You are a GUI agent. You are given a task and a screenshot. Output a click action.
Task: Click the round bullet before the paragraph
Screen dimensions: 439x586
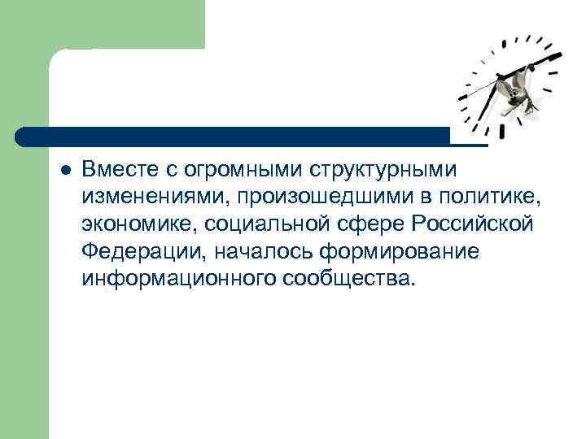point(67,170)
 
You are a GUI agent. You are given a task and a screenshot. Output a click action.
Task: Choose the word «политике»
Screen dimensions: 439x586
point(488,198)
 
